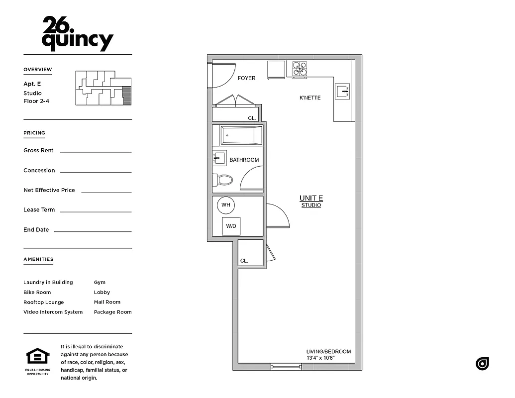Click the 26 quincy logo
78,34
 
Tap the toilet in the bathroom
223,180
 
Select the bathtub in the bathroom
241,135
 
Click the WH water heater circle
226,205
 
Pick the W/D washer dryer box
231,226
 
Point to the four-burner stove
300,69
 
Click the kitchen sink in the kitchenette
342,91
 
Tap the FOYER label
246,79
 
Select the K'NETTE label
310,98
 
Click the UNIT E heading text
311,199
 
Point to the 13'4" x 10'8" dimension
320,358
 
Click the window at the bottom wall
286,367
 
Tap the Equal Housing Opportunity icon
38,357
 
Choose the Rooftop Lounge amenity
44,302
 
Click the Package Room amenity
113,312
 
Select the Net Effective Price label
49,191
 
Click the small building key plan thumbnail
103,88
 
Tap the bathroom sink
219,158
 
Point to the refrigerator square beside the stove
276,70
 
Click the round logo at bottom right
483,364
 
